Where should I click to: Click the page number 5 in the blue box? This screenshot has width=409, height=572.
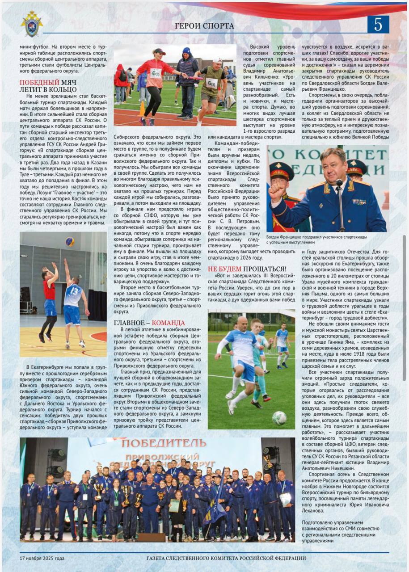point(378,25)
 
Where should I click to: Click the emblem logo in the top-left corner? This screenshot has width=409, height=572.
point(31,24)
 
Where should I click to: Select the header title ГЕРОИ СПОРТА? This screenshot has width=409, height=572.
point(205,26)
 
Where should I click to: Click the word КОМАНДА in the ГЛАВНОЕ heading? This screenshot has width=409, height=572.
point(168,323)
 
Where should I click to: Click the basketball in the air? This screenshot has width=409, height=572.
point(70,241)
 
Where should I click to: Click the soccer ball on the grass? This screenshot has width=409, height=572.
point(279,418)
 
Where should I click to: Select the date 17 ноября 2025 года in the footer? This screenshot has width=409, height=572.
point(42,558)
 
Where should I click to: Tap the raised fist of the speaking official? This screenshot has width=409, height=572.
point(276,191)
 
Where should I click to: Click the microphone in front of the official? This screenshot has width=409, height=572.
point(339,183)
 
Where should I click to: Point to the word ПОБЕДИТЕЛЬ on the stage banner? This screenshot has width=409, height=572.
point(164,443)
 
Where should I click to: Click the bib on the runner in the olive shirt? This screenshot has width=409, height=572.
point(211,83)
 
